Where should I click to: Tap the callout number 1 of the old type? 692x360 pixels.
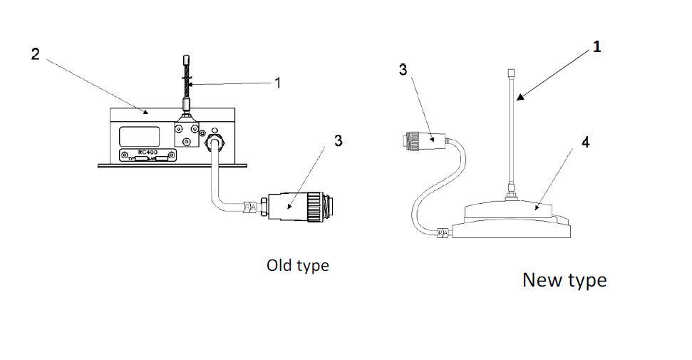278,83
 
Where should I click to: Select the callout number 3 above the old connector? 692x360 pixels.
339,140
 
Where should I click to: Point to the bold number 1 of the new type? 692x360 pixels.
597,47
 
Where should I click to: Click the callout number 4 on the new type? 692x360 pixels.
585,143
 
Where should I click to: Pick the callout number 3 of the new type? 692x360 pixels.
403,70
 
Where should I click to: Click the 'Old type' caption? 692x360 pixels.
298,265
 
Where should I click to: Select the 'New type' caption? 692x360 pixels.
564,279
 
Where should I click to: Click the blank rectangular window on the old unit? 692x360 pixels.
140,135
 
